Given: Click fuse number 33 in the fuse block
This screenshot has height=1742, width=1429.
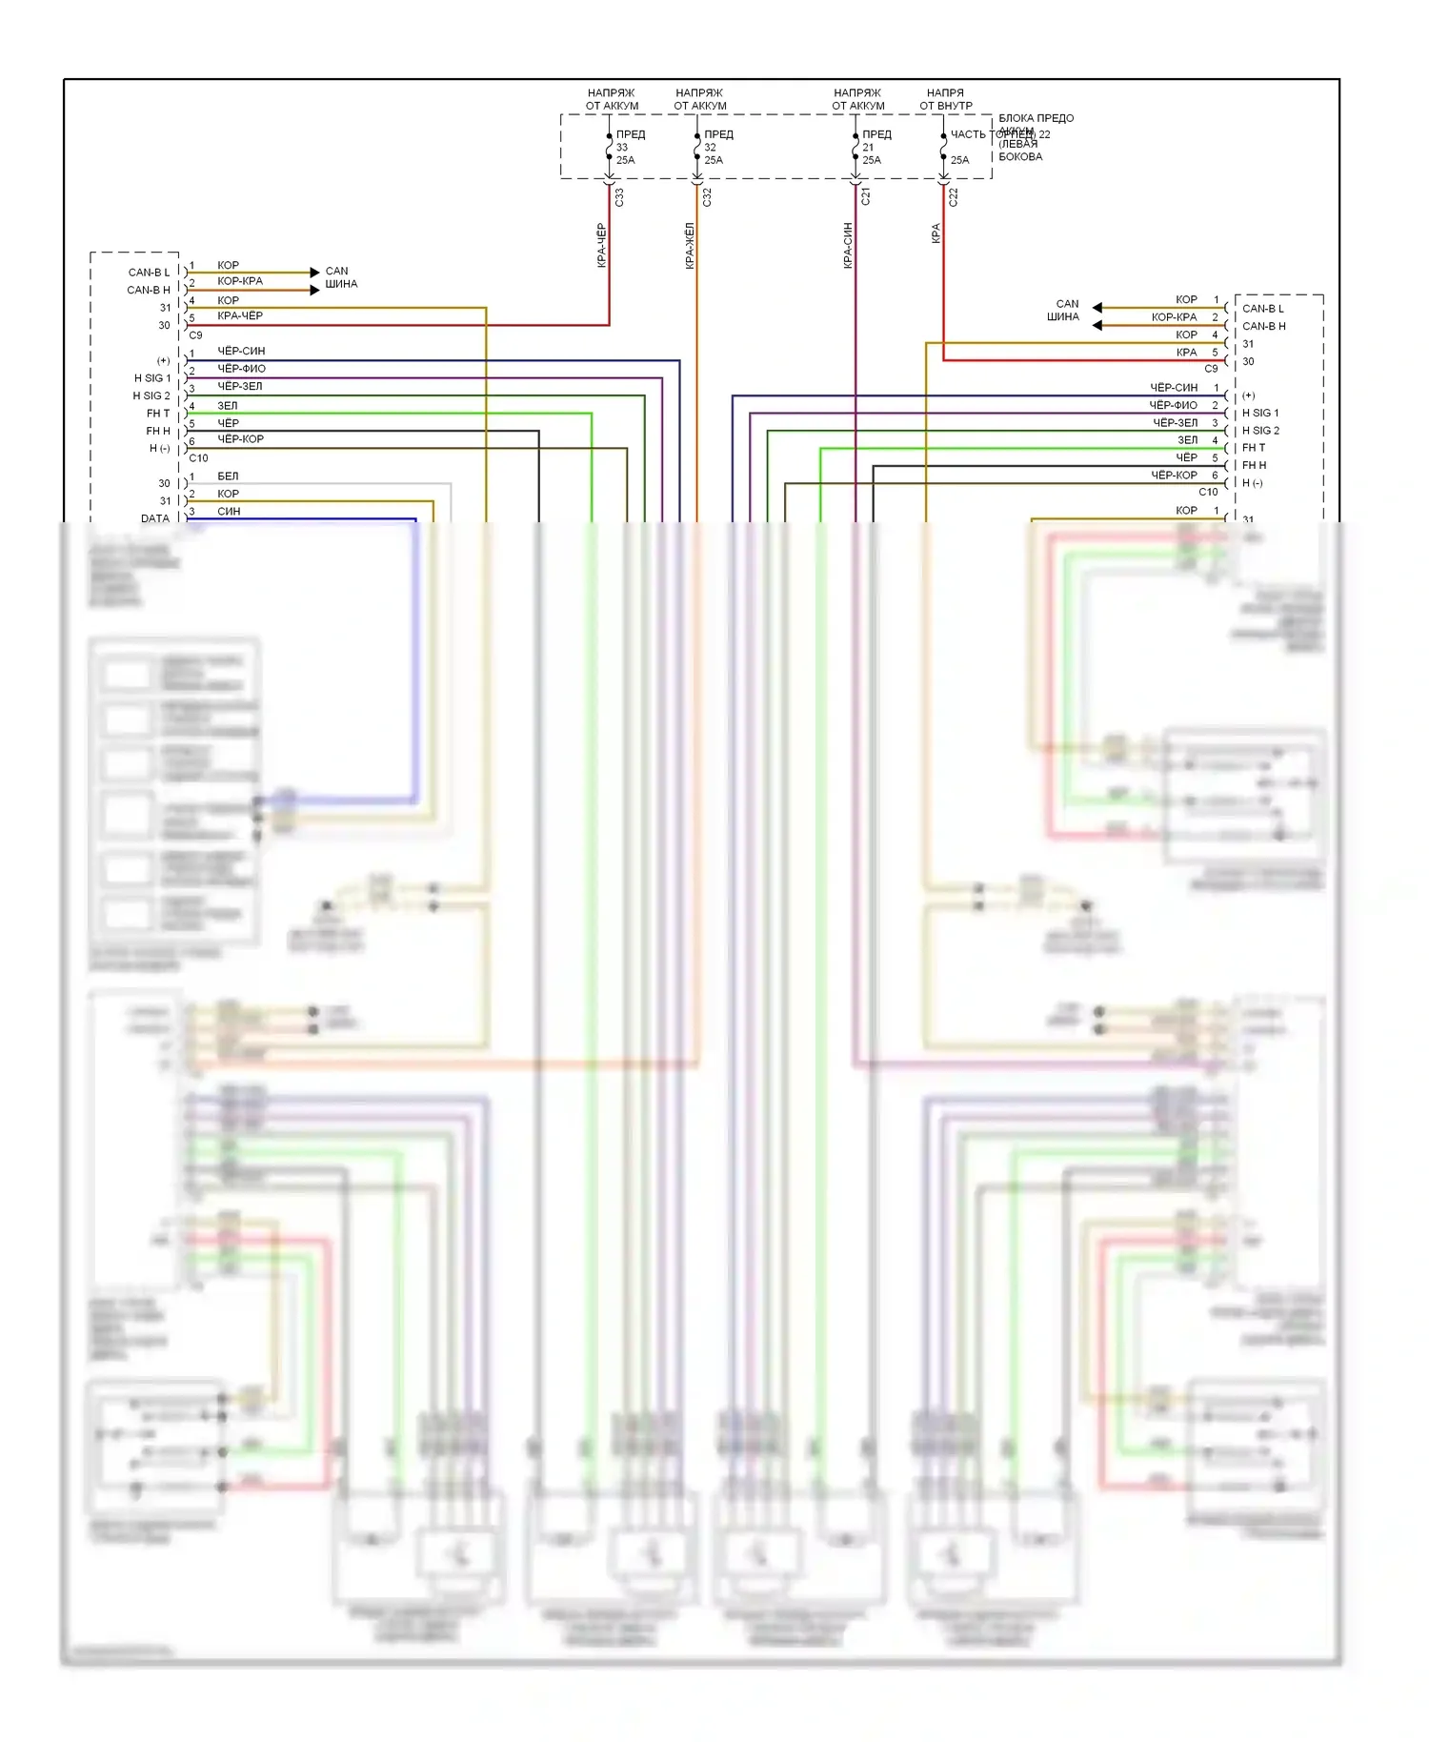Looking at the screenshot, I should pyautogui.click(x=622, y=148).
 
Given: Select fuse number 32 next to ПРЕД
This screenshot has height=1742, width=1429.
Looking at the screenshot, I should pyautogui.click(x=710, y=148).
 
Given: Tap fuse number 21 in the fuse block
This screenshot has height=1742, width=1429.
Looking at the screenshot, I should pyautogui.click(x=868, y=148).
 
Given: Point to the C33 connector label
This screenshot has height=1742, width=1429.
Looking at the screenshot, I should pyautogui.click(x=619, y=197).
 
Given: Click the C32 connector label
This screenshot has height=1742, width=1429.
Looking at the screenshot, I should pyautogui.click(x=707, y=197).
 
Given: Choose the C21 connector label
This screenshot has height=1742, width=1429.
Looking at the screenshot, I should pyautogui.click(x=865, y=196).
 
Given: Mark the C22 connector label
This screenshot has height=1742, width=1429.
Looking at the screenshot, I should pyautogui.click(x=953, y=197).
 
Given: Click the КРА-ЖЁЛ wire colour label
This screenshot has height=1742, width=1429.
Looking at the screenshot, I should pyautogui.click(x=690, y=246).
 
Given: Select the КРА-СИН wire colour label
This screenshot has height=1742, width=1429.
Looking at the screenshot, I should pyautogui.click(x=848, y=246).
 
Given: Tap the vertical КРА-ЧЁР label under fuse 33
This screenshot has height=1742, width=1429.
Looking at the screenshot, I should pyautogui.click(x=601, y=245).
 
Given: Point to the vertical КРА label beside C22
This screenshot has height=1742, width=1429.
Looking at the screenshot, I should pyautogui.click(x=936, y=233).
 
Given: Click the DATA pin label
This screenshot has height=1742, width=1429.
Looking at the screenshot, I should pyautogui.click(x=155, y=518).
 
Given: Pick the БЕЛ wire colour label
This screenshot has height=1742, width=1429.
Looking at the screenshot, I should pyautogui.click(x=228, y=476).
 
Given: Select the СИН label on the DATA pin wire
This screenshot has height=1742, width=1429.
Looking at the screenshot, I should pyautogui.click(x=229, y=512).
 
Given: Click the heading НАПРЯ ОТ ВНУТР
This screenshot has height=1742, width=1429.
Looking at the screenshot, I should pyautogui.click(x=946, y=99).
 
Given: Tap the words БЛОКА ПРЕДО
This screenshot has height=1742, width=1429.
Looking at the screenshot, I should pyautogui.click(x=1036, y=118).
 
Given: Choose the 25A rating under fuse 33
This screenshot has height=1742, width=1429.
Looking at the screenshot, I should pyautogui.click(x=625, y=160).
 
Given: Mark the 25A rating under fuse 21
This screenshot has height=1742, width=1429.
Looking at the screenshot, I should pyautogui.click(x=872, y=160).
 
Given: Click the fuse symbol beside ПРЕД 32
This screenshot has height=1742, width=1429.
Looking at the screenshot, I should pyautogui.click(x=697, y=148).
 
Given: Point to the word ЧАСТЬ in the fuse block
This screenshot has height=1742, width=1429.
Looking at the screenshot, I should pyautogui.click(x=968, y=134).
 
